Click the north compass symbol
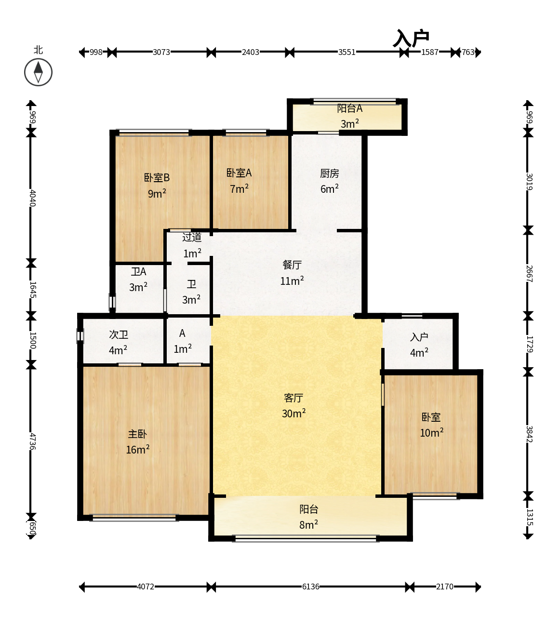pos(38,72)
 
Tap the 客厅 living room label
pos(293,398)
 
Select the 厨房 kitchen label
pos(330,173)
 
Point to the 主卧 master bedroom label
pos(137,434)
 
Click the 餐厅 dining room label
pos(292,265)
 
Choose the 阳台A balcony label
pos(350,108)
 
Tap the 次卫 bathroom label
pos(119,335)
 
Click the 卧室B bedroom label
pos(157,178)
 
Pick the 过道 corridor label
pos(192,237)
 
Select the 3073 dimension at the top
pos(161,52)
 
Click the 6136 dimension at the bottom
pos(311,587)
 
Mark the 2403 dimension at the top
pos(250,52)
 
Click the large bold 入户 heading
pos(411,39)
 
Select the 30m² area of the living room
pos(294,413)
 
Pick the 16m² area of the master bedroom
pos(138,450)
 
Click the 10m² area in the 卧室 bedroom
pos(432,433)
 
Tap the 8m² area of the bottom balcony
pos(309,524)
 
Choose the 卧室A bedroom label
pos(239,173)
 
